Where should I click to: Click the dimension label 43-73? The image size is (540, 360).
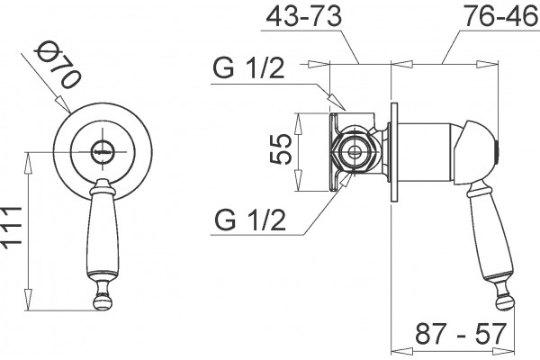pyautogui.click(x=304, y=16)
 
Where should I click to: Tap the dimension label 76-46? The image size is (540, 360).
pyautogui.click(x=501, y=16)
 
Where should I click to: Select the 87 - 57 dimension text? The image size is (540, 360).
pyautogui.click(x=462, y=334)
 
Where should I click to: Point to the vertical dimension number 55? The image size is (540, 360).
pyautogui.click(x=281, y=149)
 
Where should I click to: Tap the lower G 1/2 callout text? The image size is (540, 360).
pyautogui.click(x=250, y=220)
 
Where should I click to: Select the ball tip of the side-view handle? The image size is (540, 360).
pyautogui.click(x=505, y=302)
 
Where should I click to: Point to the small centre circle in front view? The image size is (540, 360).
pyautogui.click(x=103, y=151)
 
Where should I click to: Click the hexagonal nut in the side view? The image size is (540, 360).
pyautogui.click(x=354, y=152)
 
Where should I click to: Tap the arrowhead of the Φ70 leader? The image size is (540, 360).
pyautogui.click(x=63, y=104)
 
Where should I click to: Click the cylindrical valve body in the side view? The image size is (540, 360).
pyautogui.click(x=427, y=152)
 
